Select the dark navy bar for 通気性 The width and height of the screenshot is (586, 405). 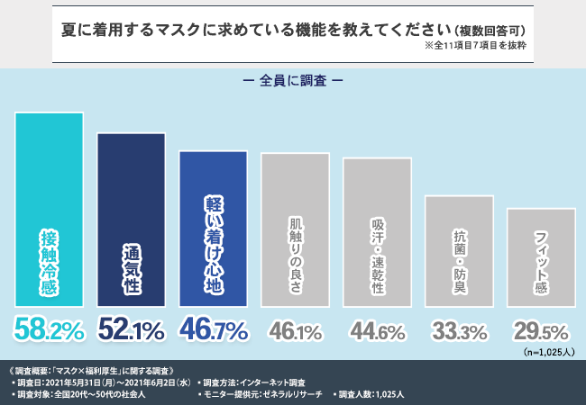pyautogui.click(x=131, y=220)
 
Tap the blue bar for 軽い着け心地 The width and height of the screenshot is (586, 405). pyautogui.click(x=213, y=229)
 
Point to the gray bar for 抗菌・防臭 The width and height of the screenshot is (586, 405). pyautogui.click(x=459, y=251)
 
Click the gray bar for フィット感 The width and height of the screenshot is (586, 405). pyautogui.click(x=541, y=258)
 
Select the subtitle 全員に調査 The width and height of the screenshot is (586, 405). pyautogui.click(x=293, y=79)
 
